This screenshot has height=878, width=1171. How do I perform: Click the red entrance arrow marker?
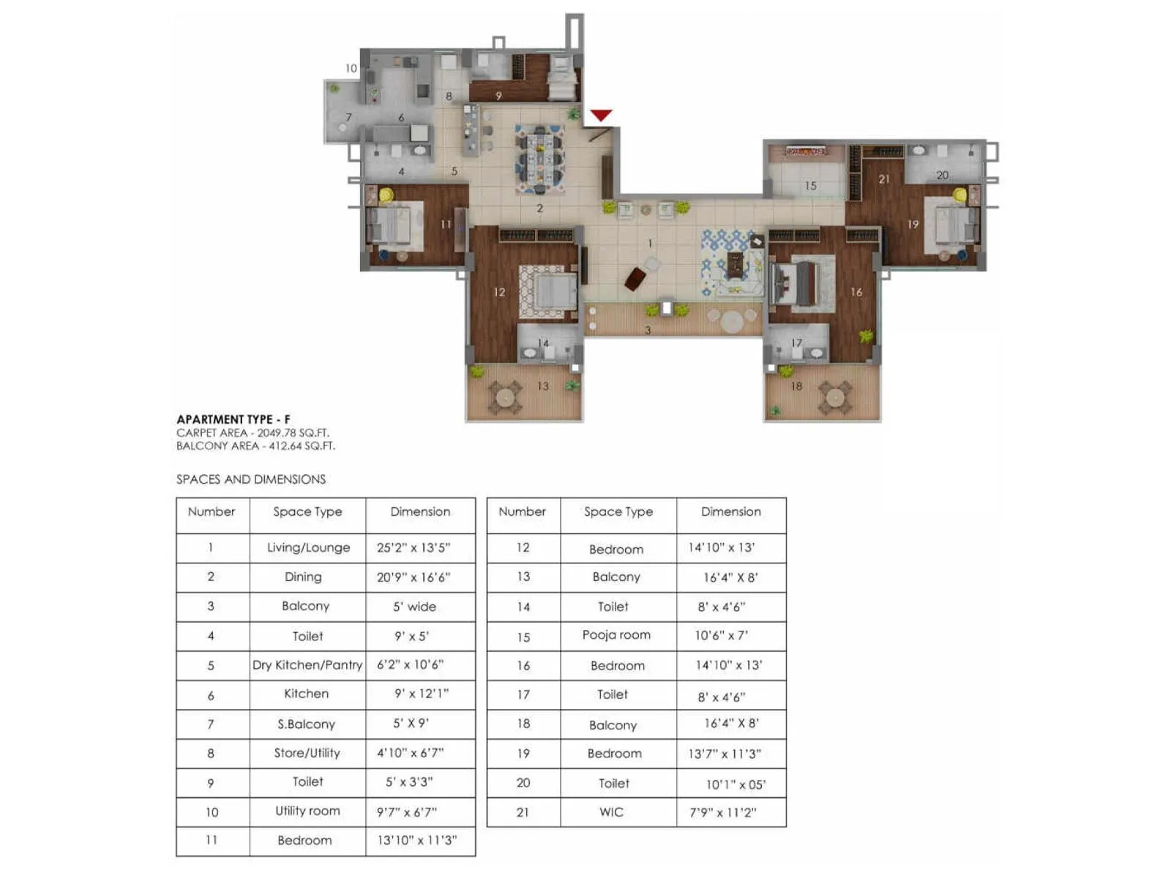point(601,115)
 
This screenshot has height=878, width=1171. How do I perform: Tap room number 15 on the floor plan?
point(810,186)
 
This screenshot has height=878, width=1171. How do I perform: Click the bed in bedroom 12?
point(553,292)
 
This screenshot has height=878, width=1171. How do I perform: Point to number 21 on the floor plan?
point(884,179)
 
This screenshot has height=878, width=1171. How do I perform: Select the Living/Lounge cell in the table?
point(308,547)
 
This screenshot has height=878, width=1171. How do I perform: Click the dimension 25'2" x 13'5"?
point(414,547)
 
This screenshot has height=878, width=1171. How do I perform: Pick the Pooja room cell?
point(616,635)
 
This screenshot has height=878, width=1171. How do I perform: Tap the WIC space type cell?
point(611,811)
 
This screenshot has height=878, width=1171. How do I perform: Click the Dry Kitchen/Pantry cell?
point(307,665)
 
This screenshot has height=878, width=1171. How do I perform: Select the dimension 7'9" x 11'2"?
point(723,812)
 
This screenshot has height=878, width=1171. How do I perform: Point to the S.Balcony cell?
point(306,724)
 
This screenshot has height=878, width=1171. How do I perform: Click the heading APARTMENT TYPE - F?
point(233,419)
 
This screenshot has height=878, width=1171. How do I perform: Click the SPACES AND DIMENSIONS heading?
point(251,479)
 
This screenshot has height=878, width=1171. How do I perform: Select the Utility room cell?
point(307,811)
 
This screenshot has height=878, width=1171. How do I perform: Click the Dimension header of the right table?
point(730,511)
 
